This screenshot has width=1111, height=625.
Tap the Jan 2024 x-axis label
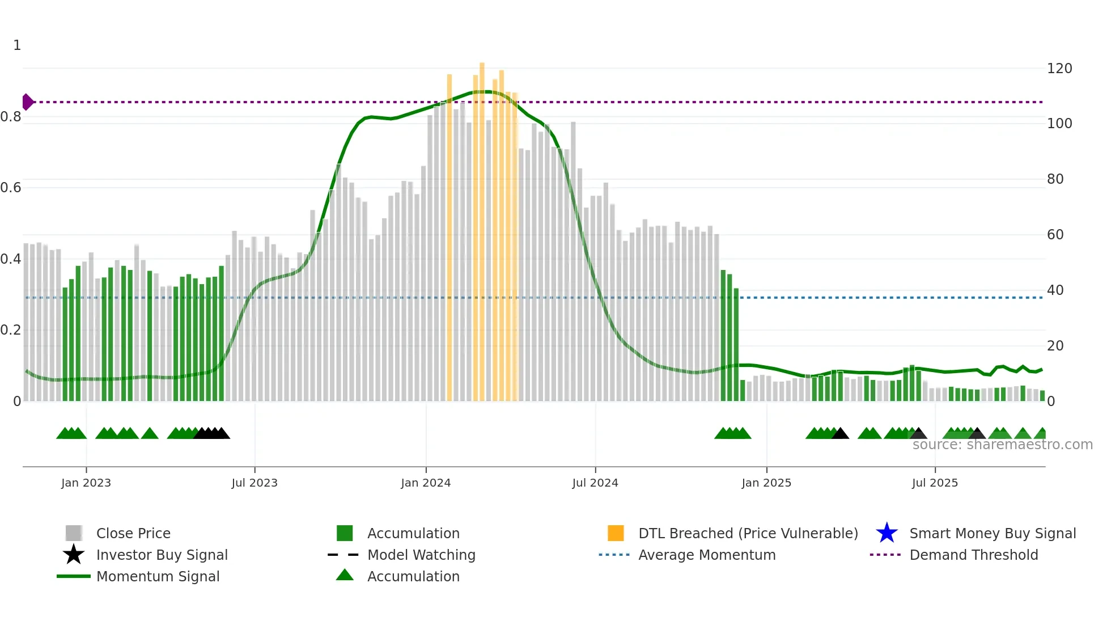point(425,483)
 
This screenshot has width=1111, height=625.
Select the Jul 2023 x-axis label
point(255,483)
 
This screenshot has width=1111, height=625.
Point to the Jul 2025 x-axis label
point(935,483)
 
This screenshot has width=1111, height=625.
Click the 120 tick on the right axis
point(1059,69)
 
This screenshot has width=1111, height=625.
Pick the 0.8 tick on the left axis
point(11,117)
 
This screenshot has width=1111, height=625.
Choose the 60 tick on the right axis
point(1055,235)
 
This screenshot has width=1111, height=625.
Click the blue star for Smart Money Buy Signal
point(887,533)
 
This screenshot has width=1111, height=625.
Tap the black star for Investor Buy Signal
point(74,555)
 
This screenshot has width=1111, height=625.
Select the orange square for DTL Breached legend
point(616,533)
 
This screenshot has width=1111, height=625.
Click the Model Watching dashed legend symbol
point(344,555)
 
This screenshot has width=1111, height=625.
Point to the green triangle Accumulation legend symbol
point(345,575)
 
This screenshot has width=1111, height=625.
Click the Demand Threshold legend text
point(973,555)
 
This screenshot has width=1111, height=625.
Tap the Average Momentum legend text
point(707,555)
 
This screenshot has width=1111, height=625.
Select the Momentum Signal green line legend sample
point(74,576)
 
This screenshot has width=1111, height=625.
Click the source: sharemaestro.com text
point(1002,445)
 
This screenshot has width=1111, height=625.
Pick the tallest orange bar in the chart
point(482,227)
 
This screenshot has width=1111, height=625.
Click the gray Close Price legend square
point(74,533)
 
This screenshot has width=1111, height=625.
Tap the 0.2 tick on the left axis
point(11,330)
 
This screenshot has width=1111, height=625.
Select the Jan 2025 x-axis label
point(766,483)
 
